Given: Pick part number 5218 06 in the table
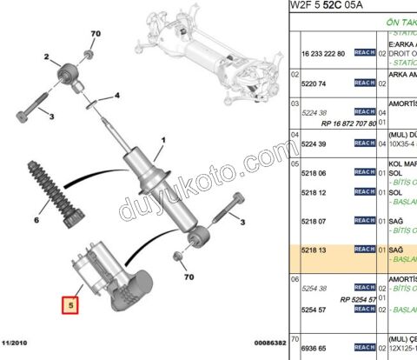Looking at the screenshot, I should click(x=315, y=172).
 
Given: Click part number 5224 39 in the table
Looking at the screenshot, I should click(x=315, y=143).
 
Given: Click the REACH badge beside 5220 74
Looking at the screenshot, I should click(x=364, y=83).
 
